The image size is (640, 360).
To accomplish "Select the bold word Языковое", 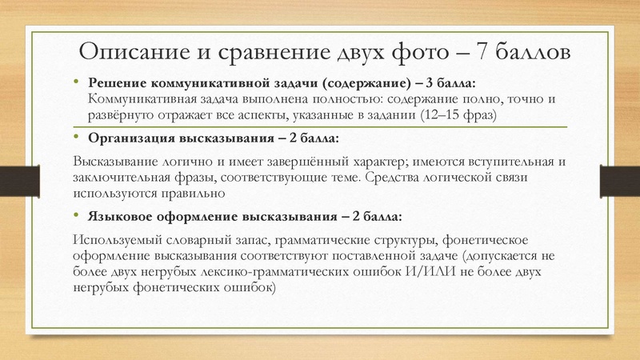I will click(x=118, y=216).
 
